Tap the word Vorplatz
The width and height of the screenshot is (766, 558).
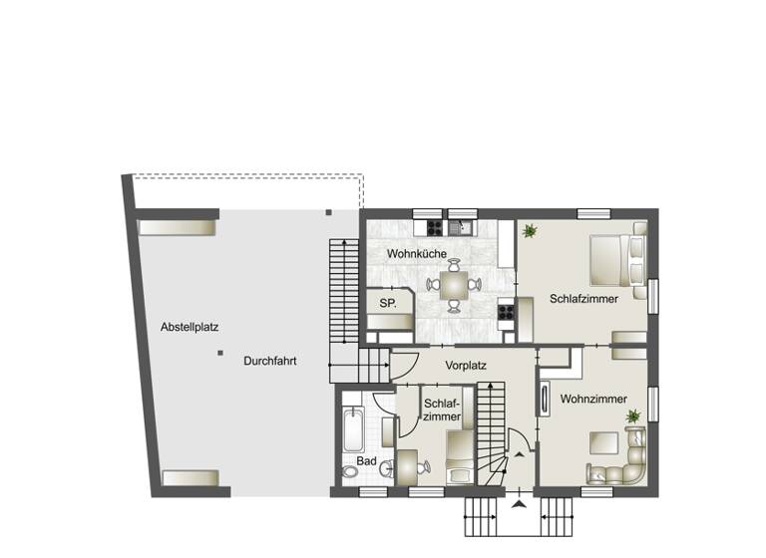pyautogui.click(x=466, y=365)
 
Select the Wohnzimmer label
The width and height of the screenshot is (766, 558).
pyautogui.click(x=593, y=399)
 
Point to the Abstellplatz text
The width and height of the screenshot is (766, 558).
pyautogui.click(x=190, y=326)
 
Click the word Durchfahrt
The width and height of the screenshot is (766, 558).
pyautogui.click(x=269, y=362)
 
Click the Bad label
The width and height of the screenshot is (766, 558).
pyautogui.click(x=367, y=461)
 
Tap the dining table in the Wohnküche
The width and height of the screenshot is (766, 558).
pyautogui.click(x=454, y=284)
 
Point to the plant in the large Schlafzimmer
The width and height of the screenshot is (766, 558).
pyautogui.click(x=530, y=231)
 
